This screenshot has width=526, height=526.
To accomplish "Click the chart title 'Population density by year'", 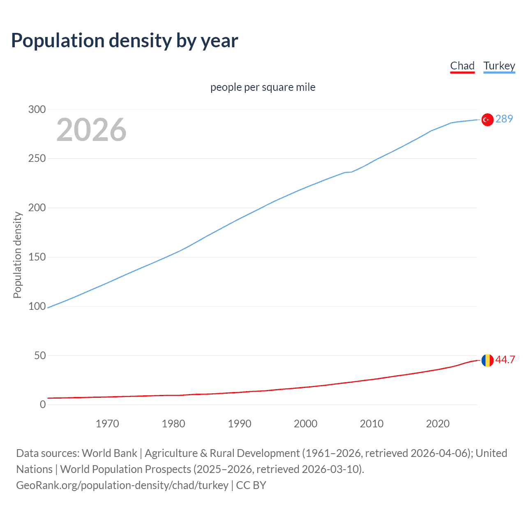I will point(125,41).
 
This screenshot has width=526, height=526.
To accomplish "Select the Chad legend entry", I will point(462,66).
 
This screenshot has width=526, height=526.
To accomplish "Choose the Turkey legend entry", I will point(499,66).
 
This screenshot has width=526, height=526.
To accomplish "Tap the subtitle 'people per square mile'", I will point(263,87).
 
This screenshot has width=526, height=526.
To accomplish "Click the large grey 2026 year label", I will point(91,130).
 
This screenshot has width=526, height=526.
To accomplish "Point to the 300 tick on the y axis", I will point(37,109).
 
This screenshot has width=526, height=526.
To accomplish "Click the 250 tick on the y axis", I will point(37,159).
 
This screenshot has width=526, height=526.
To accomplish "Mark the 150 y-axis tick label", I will point(37,257).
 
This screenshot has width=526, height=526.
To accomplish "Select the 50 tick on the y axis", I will point(40,355).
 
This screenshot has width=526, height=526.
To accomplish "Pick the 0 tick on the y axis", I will point(43,404).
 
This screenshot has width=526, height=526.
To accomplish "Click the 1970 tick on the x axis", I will point(107,424).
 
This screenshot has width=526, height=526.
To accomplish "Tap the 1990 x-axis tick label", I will point(240,424).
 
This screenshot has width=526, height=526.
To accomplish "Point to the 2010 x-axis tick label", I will point(371,424).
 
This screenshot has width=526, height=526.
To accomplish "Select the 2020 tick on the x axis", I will point(438,424).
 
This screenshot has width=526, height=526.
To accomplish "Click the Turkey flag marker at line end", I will point(487,120).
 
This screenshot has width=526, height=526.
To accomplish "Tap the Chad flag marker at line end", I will point(487,360).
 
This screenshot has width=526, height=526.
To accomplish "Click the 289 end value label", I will point(504,119).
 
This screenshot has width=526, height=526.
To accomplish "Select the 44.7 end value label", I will point(505,360).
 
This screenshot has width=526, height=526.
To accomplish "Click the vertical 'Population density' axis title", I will point(17,255).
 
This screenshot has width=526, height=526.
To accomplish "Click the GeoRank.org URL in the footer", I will point(122,485).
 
